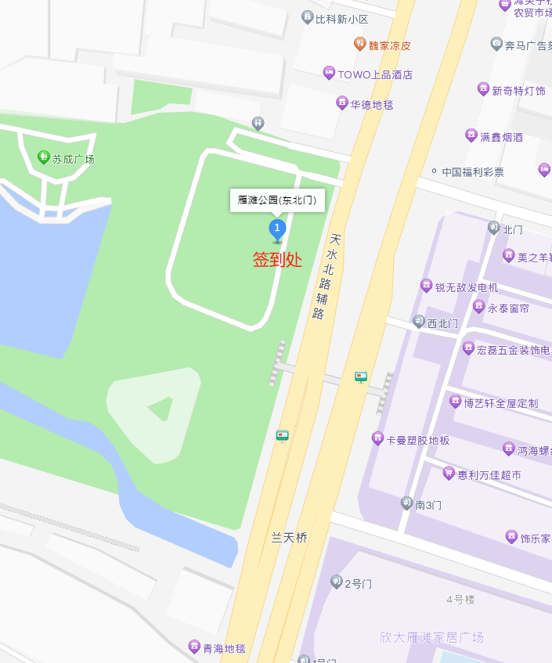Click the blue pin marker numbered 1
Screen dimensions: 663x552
click(277, 229)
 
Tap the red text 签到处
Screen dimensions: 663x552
click(277, 260)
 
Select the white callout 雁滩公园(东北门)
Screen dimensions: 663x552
click(277, 200)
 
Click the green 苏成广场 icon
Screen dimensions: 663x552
click(44, 157)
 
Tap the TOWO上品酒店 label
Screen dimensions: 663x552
click(374, 74)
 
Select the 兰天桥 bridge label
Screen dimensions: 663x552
click(289, 538)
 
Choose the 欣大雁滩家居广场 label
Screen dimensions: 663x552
click(431, 637)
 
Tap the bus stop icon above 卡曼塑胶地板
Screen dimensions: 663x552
click(361, 377)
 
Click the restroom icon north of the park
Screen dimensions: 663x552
click(258, 123)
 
